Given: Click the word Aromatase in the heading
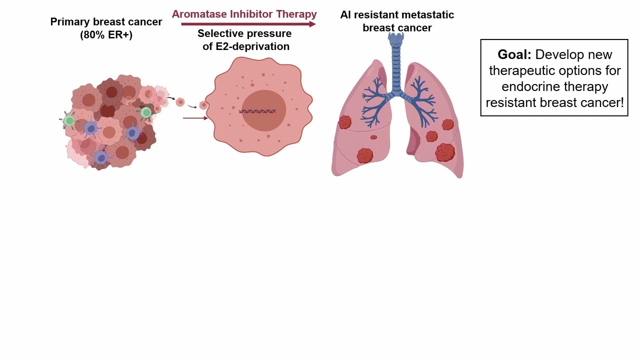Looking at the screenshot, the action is point(199,14).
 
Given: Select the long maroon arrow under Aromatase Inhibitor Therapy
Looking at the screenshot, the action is point(248,24).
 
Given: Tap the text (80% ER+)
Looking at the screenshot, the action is point(106,35).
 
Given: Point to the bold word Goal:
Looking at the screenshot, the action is point(514,54).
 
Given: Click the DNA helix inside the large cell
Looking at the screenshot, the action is point(257,111).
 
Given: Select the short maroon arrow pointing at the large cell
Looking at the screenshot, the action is point(195,118).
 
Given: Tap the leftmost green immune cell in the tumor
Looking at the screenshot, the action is point(69,120).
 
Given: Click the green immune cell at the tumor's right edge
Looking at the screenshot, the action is point(146,112).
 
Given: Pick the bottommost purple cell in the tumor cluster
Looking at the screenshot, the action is point(100,157).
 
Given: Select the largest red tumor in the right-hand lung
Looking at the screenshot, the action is point(445,152).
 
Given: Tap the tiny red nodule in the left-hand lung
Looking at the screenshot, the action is point(373,137).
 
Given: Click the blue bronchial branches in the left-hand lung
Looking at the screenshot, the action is point(375,101).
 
